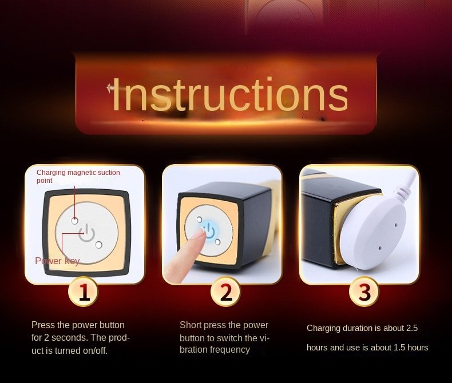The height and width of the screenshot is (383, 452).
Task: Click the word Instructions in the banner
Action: tap(230, 94)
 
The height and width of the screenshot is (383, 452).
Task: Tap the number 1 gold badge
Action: tap(83, 292)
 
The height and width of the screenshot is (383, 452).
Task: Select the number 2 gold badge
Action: tap(225, 292)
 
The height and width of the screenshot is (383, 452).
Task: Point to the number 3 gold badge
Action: tap(364, 292)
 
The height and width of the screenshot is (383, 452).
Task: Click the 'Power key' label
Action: tap(57, 261)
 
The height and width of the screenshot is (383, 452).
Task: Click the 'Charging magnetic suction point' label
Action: tap(78, 176)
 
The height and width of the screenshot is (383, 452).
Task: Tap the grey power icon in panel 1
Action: tap(86, 233)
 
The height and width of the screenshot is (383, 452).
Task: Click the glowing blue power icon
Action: tap(210, 232)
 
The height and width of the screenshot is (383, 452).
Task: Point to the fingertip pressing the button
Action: tap(200, 235)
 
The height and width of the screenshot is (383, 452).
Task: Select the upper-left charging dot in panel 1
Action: tap(74, 221)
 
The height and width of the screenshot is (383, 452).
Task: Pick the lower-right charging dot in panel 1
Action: tap(98, 245)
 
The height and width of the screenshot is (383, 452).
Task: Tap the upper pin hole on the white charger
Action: tap(396, 225)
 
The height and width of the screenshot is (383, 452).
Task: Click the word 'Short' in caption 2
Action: tap(191, 325)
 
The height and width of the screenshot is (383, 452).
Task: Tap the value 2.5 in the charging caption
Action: tap(411, 328)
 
